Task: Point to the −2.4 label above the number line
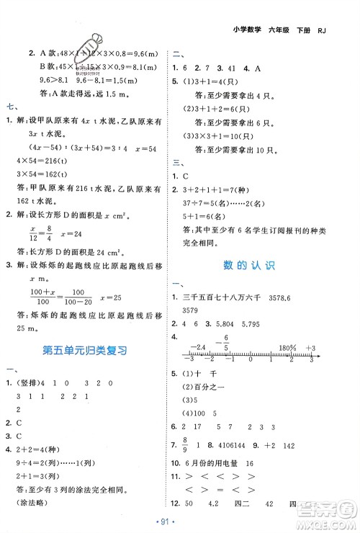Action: pyautogui.click(x=199, y=348)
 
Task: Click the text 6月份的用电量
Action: pyautogui.click(x=217, y=462)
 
